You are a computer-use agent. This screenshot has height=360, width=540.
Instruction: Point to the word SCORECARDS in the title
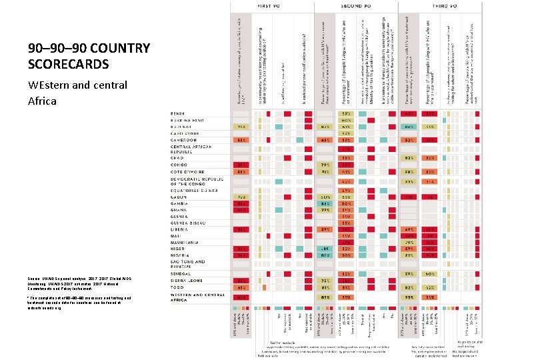tap(68, 65)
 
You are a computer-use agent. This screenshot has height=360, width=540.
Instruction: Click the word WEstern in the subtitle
tap(51, 86)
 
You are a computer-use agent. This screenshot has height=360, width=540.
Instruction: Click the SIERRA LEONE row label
tap(174, 281)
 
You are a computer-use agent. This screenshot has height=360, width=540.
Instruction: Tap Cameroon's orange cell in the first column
tap(240, 140)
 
